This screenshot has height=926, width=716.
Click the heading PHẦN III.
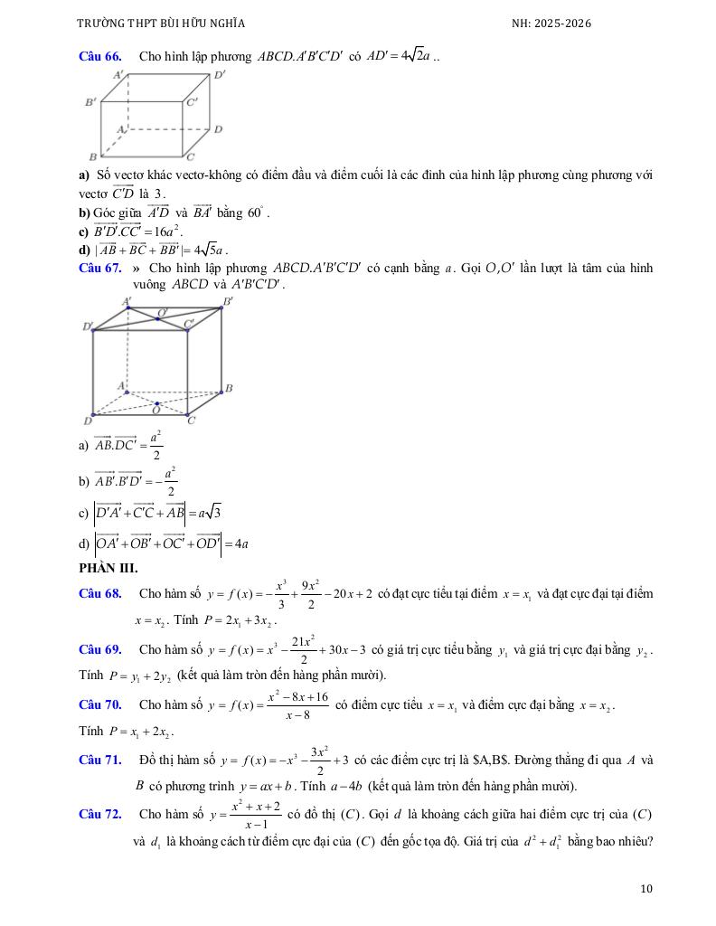coord(108,568)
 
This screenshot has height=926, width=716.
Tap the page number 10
coord(645,889)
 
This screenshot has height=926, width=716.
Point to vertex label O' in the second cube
coord(163,313)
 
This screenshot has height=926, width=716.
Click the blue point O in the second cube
coord(157,404)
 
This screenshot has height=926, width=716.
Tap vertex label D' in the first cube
coord(219,76)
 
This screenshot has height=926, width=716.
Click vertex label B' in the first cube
coord(90,102)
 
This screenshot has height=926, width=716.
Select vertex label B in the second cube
coord(229,388)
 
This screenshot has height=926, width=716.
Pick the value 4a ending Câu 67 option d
coord(240,543)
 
